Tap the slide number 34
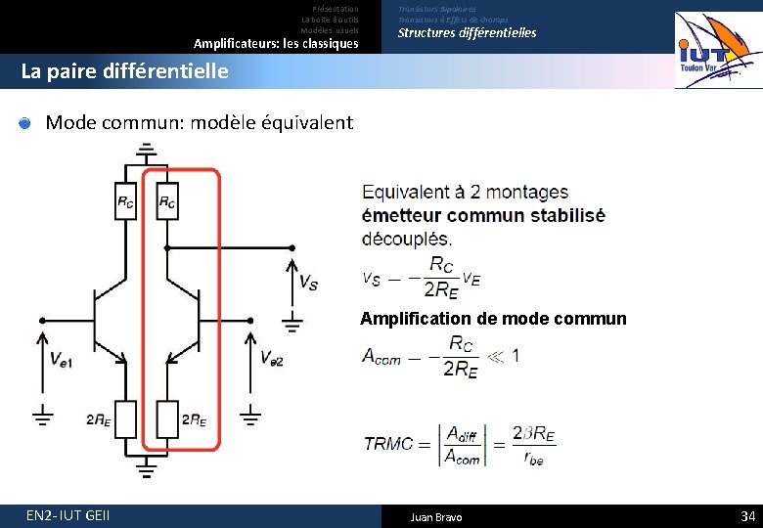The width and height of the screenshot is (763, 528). click(747, 515)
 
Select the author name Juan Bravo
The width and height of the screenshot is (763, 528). click(436, 516)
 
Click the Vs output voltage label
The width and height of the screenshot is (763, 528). click(307, 283)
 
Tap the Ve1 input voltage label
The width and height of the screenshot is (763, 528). click(60, 359)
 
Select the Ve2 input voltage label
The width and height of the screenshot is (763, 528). click(271, 359)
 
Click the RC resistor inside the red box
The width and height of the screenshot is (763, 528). click(167, 201)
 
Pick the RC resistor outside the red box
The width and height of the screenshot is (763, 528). click(125, 201)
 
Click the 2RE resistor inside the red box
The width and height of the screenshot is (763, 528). click(167, 418)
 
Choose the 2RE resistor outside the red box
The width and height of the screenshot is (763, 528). click(125, 418)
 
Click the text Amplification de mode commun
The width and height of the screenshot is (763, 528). click(493, 319)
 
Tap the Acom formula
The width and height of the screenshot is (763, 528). click(440, 355)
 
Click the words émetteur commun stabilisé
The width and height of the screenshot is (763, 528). click(483, 215)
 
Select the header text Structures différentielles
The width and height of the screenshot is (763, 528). click(467, 33)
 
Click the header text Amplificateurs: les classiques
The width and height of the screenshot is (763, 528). click(276, 44)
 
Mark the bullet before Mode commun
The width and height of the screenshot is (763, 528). click(25, 123)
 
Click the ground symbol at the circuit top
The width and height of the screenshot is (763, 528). click(146, 151)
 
